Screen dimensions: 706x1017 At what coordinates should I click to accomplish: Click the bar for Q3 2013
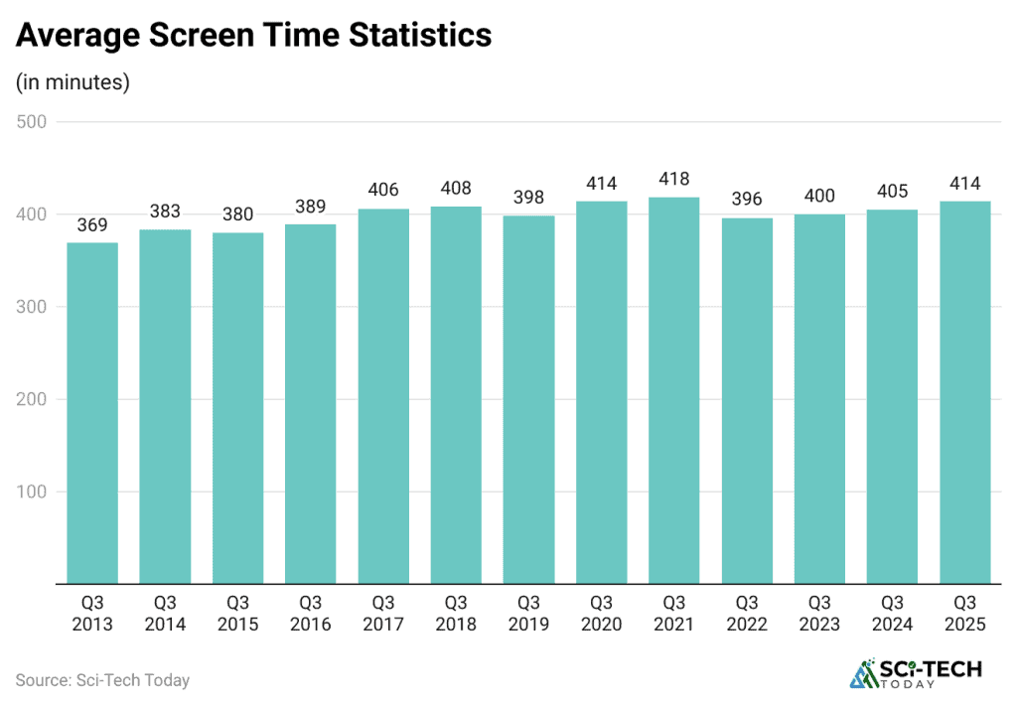tap(92, 413)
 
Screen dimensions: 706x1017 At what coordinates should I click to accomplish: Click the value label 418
tap(674, 180)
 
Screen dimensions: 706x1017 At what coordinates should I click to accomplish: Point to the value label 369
tap(92, 226)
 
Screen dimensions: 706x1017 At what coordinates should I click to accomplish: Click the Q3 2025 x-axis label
tap(965, 613)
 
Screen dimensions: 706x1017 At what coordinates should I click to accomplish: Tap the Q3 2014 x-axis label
tap(165, 613)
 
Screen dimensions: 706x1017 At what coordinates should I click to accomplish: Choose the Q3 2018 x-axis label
tap(456, 613)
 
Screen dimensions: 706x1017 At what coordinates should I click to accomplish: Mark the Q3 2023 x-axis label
tap(819, 613)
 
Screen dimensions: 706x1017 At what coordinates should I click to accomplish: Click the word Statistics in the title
tap(418, 36)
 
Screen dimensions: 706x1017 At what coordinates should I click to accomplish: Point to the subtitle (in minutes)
tap(73, 82)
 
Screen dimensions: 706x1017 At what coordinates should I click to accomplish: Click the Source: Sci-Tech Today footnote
tap(102, 680)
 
